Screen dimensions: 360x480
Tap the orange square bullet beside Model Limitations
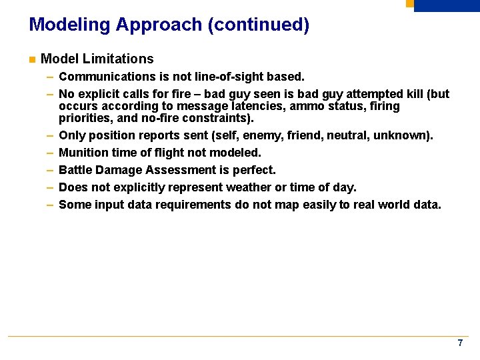point(31,60)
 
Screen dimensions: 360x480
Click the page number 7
point(460,343)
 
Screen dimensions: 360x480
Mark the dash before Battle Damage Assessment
point(50,171)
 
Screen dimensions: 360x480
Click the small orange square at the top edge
point(409,3)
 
